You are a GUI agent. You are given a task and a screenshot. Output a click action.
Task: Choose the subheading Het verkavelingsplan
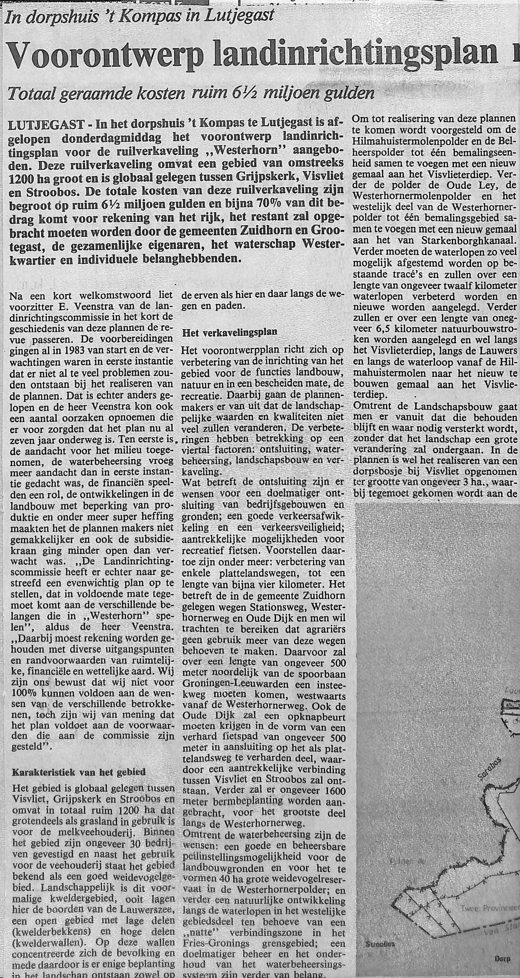tap(230, 332)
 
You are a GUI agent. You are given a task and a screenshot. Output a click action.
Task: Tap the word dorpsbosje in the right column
tap(375, 472)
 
